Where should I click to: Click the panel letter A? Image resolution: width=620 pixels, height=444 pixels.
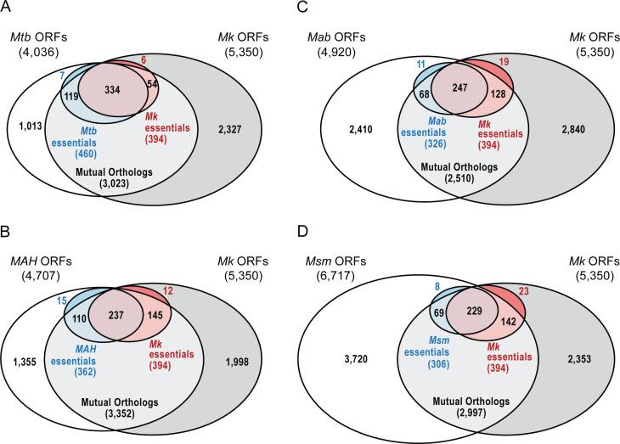[x=7, y=8]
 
